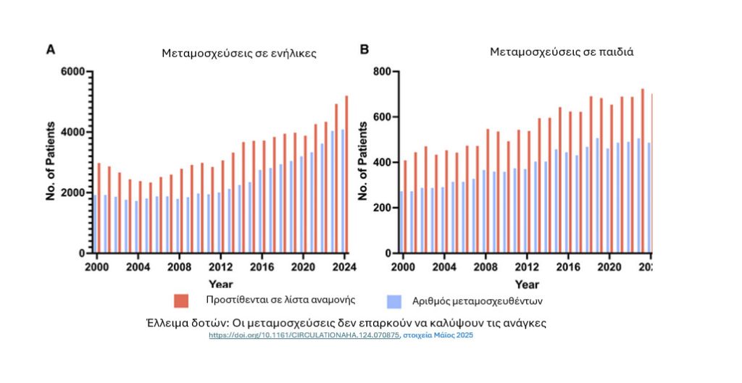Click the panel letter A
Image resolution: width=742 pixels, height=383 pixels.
coord(51,49)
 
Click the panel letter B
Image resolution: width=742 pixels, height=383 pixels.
coord(364,49)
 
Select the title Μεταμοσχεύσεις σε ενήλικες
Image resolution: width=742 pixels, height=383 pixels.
coord(238,54)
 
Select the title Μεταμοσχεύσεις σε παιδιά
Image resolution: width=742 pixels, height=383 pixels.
coord(562,52)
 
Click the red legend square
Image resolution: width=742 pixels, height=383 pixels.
coord(181,300)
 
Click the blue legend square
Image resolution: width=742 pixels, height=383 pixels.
coord(395,300)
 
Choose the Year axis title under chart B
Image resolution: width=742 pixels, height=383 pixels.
coord(526,285)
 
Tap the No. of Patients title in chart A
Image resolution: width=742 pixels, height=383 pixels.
coord(51,161)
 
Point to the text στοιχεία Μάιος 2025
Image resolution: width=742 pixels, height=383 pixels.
coord(438,336)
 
